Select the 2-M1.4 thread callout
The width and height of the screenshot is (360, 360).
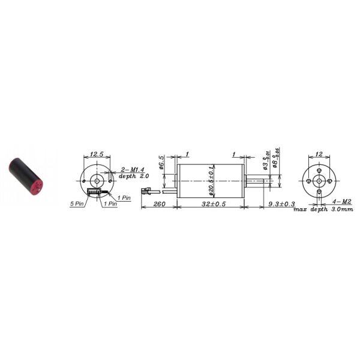pyautogui.click(x=131, y=170)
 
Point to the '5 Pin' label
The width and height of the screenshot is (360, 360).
pyautogui.click(x=77, y=204)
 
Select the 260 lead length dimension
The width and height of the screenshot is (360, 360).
pyautogui.click(x=158, y=205)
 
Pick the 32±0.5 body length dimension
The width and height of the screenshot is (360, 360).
pyautogui.click(x=210, y=205)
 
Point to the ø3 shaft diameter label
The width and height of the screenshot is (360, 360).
pyautogui.click(x=265, y=160)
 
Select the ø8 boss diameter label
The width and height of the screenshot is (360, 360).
pyautogui.click(x=275, y=160)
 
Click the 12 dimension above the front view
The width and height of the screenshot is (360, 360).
pyautogui.click(x=319, y=155)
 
